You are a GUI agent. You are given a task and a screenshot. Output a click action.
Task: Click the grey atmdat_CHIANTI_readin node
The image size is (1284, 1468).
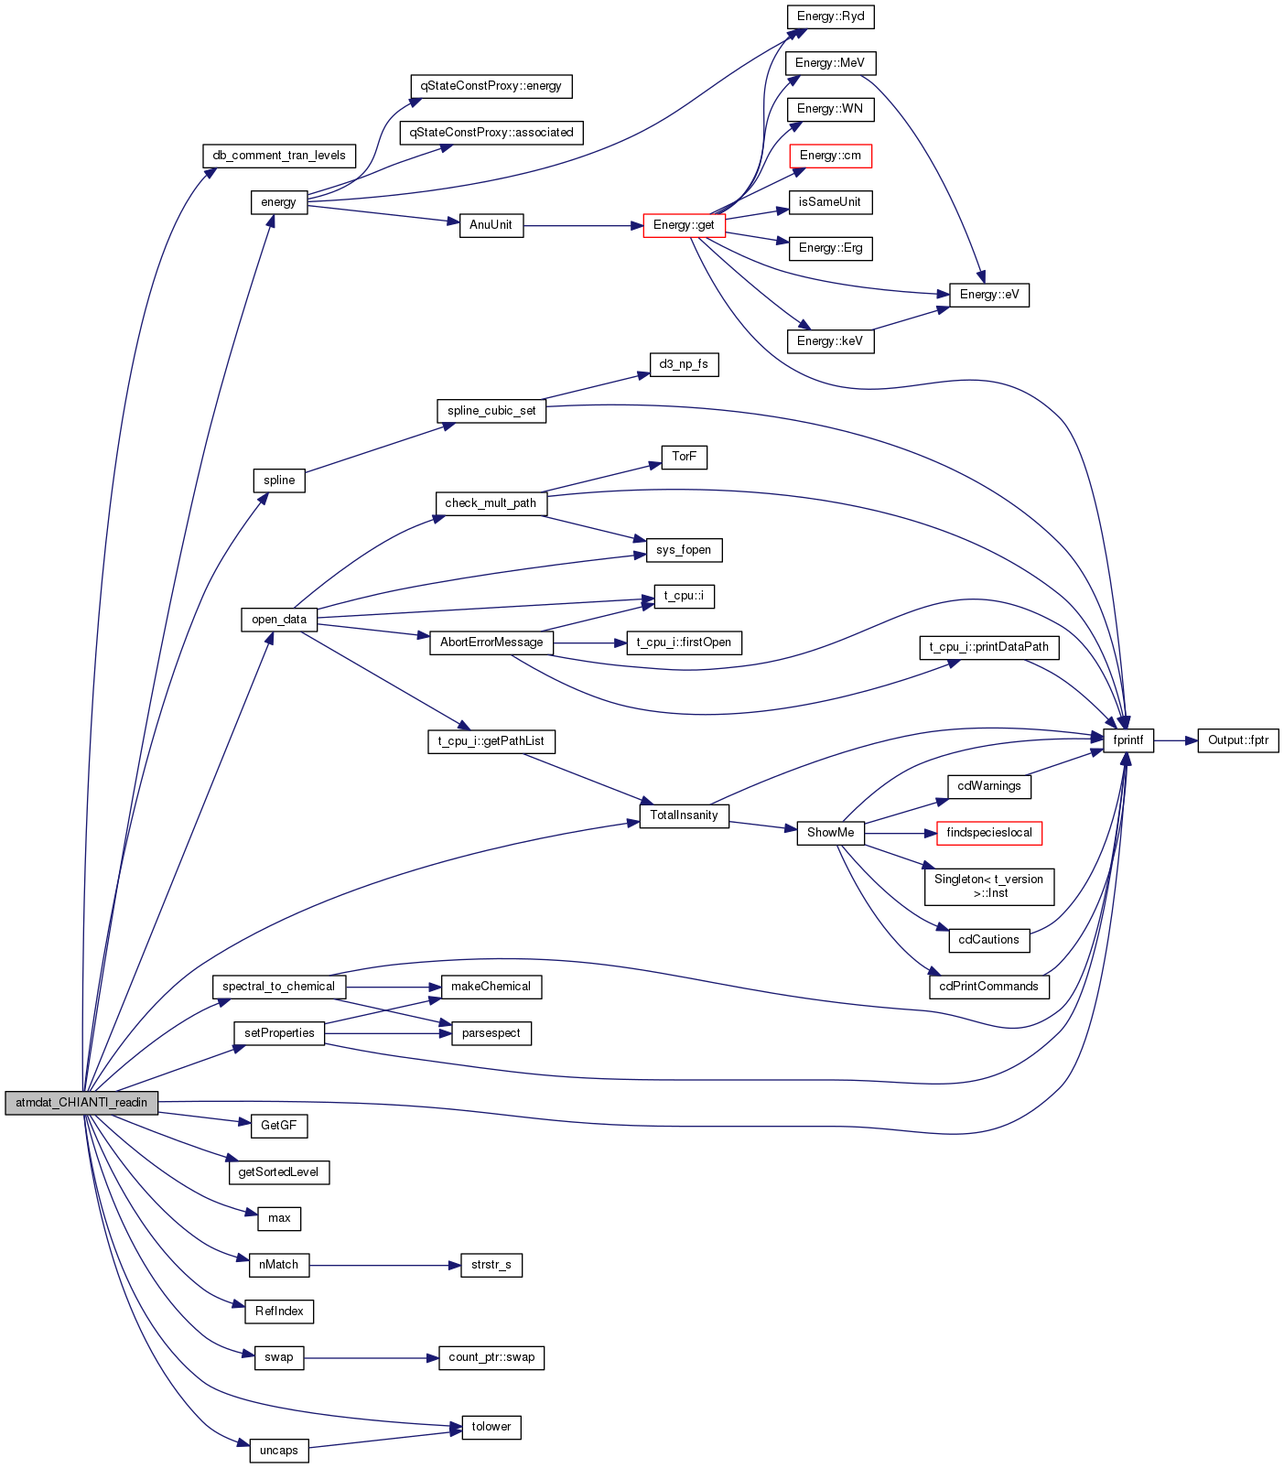81,1103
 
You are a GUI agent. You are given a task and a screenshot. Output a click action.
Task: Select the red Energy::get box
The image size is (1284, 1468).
684,225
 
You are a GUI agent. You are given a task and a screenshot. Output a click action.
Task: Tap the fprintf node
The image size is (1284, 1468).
1128,740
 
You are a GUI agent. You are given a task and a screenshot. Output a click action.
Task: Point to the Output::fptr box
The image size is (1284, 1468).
1238,740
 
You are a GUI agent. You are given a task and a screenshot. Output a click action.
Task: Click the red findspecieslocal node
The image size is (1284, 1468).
989,833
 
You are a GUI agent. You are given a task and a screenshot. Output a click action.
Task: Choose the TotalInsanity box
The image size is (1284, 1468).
684,815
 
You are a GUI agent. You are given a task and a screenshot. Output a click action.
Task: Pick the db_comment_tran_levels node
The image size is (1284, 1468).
279,156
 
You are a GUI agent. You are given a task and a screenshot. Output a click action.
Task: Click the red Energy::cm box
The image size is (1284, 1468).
830,156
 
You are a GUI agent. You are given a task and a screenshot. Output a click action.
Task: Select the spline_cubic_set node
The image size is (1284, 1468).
491,411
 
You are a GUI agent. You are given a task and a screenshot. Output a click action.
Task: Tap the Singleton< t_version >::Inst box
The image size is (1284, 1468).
989,886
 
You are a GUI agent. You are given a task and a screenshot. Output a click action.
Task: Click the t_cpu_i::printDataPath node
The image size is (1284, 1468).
989,647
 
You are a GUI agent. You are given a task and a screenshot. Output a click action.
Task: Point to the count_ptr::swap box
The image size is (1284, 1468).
491,1357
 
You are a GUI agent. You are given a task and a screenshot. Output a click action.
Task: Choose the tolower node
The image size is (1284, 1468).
491,1427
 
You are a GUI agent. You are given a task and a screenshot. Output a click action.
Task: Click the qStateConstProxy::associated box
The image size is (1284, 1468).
491,133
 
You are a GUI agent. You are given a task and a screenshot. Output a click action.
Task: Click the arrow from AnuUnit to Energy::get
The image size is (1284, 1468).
583,225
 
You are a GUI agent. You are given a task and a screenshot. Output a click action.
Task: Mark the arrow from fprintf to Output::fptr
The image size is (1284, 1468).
1176,740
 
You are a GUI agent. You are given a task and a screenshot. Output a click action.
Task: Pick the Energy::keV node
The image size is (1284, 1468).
830,341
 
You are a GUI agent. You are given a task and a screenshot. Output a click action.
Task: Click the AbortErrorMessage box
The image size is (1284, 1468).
491,642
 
